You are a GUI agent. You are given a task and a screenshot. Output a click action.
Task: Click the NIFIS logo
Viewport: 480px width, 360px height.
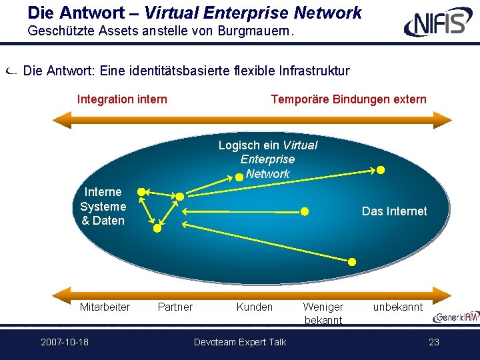(438, 21)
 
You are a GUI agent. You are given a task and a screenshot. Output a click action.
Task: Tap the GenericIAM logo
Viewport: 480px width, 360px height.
(456, 317)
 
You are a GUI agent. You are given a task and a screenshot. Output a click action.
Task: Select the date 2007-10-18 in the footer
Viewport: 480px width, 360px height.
(65, 341)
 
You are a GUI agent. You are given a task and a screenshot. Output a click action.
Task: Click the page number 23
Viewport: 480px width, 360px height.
(434, 341)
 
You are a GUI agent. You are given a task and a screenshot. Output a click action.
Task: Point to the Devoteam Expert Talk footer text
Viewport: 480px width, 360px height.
(240, 342)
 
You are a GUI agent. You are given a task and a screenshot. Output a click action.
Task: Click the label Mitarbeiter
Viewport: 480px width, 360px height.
(105, 307)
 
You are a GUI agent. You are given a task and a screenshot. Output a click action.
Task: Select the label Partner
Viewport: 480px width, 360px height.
(175, 307)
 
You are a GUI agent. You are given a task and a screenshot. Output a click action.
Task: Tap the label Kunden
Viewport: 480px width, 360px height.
(255, 307)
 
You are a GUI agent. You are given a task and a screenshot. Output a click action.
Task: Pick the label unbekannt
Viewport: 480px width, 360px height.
(398, 307)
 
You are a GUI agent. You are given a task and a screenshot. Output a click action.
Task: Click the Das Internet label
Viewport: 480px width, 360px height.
(394, 211)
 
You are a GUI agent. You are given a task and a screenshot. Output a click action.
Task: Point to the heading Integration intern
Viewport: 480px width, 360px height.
(122, 99)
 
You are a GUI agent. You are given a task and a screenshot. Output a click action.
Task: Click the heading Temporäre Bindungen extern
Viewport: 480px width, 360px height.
(349, 99)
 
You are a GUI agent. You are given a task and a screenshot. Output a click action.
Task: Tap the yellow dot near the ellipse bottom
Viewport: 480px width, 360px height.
(352, 262)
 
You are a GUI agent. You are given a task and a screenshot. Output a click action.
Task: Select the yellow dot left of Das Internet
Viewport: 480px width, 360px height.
(305, 211)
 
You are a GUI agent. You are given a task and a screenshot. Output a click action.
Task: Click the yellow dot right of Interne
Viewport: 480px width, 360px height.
(141, 192)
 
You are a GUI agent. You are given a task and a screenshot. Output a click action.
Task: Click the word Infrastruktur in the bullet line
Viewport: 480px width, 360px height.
(315, 71)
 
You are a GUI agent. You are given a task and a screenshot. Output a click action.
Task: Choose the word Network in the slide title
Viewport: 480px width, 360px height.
(327, 13)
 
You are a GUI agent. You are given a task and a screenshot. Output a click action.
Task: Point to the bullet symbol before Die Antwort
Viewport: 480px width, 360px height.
(11, 71)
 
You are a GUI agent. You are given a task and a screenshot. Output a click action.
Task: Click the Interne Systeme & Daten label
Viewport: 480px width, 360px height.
(103, 206)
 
